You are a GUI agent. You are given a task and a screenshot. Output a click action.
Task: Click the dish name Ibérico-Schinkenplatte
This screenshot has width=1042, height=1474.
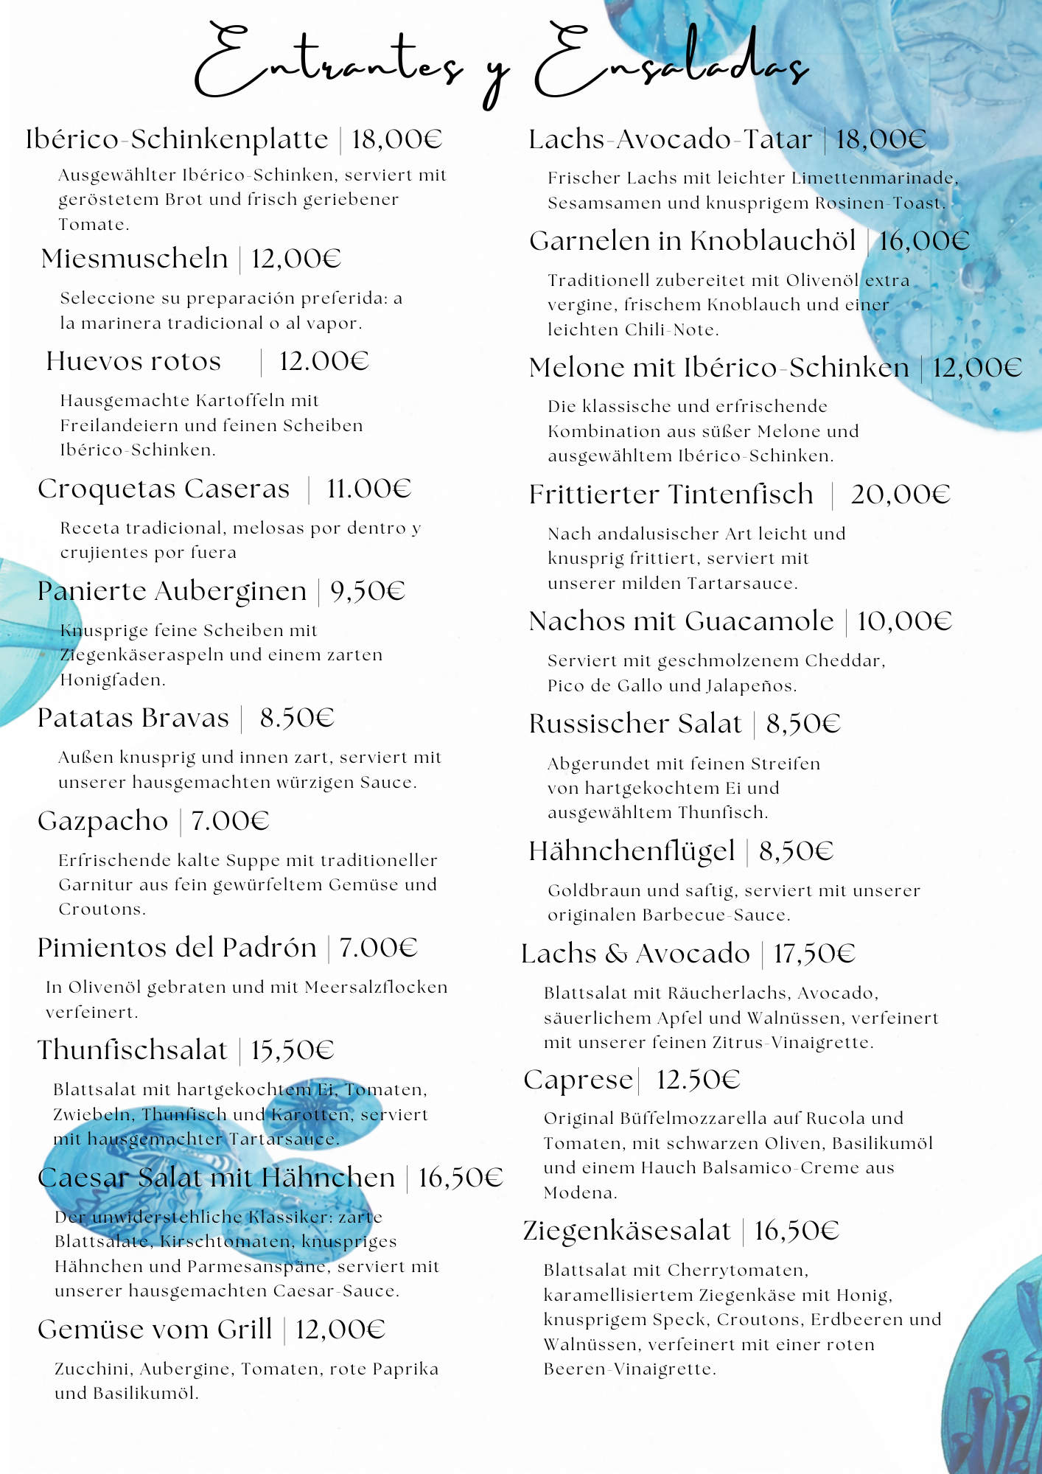[x=177, y=139]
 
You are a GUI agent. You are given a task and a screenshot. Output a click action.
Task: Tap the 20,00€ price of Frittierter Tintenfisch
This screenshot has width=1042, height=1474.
[x=901, y=495]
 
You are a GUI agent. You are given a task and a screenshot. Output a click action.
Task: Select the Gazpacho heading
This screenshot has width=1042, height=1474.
[x=103, y=821]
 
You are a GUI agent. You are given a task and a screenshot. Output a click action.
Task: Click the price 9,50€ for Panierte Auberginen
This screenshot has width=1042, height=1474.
[x=368, y=591]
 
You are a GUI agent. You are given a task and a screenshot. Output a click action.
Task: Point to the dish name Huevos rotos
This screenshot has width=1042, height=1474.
[x=133, y=361]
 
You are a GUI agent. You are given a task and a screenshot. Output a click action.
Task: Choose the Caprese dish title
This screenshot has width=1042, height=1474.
[x=578, y=1080]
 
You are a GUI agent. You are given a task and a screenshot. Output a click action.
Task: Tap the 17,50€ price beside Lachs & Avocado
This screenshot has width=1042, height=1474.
[x=814, y=954]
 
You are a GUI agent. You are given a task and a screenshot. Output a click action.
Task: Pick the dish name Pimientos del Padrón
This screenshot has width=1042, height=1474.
[x=177, y=948]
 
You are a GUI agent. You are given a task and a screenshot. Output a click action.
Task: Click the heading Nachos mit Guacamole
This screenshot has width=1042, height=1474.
[x=681, y=621]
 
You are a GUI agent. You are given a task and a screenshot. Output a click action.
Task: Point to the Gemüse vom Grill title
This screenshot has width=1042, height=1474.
[x=155, y=1330]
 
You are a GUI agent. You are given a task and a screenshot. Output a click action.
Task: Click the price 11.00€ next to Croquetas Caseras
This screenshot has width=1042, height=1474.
[x=368, y=489]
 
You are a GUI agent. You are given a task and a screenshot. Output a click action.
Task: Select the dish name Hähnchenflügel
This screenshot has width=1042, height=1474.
[x=632, y=851]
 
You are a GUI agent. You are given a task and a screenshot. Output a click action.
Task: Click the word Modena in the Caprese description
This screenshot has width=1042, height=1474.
[x=579, y=1192]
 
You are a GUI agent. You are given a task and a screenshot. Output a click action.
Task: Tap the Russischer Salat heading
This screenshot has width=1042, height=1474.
[x=634, y=724]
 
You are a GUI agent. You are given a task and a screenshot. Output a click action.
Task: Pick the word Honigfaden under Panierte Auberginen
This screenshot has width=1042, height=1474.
[x=112, y=680]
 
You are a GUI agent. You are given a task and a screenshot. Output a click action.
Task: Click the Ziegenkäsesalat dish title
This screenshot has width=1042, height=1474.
[x=626, y=1231]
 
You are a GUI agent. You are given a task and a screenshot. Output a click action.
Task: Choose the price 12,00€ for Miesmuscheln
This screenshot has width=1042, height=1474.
[x=296, y=259]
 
